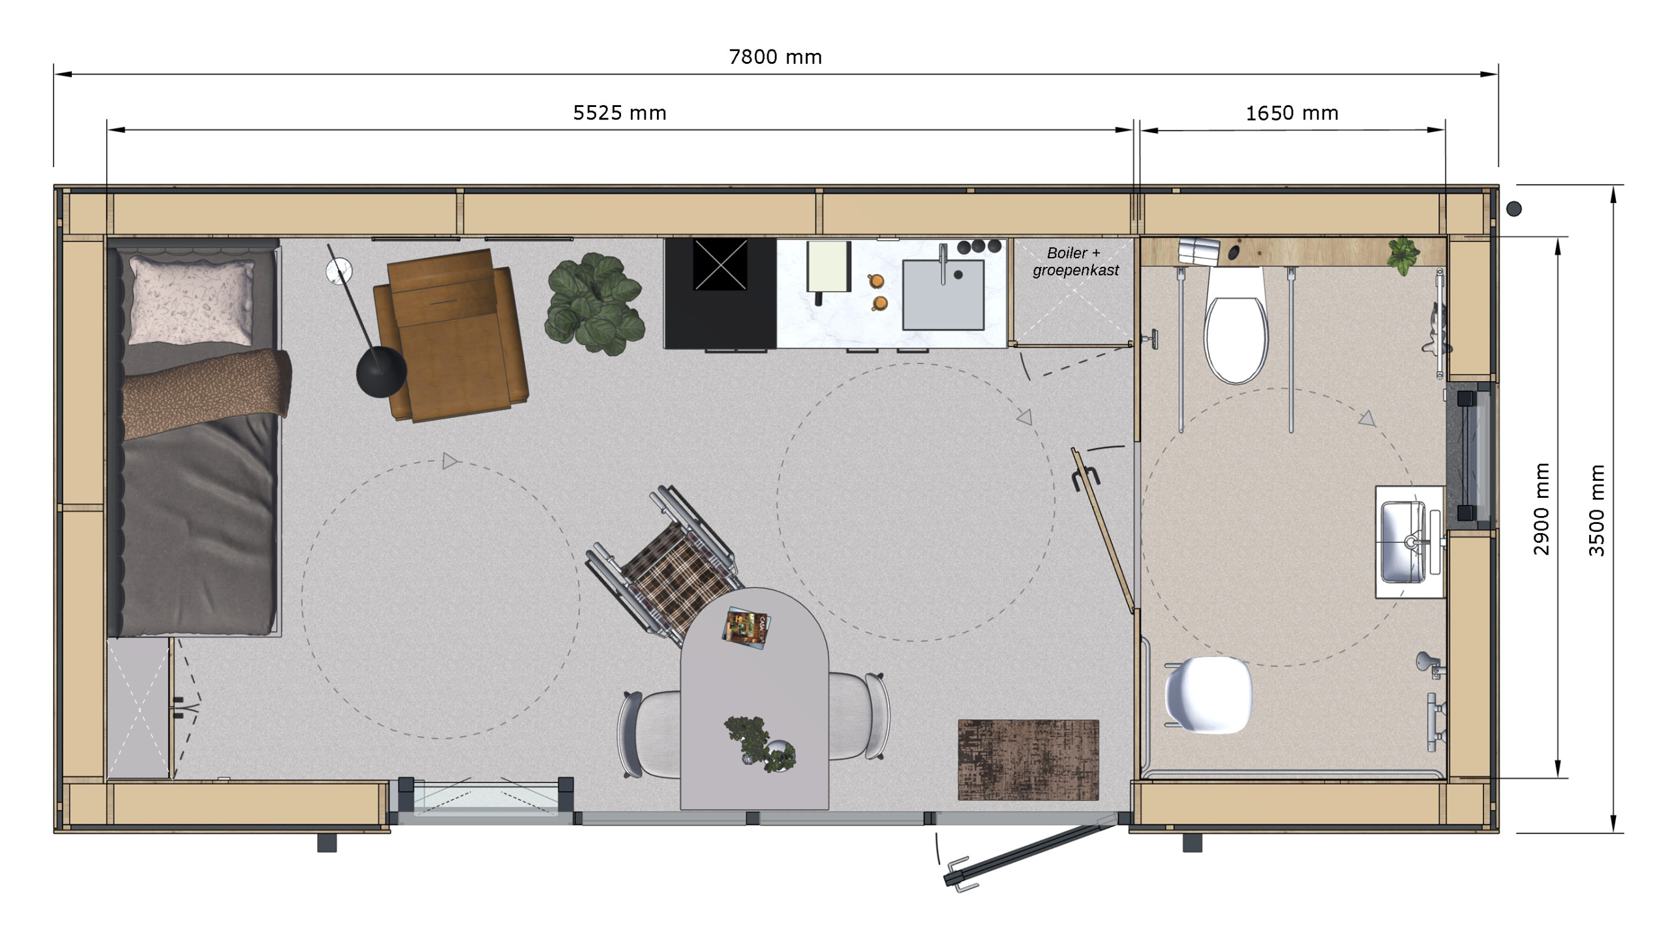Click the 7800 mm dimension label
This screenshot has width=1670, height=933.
pyautogui.click(x=775, y=57)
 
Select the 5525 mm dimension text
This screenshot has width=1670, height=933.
pyautogui.click(x=620, y=114)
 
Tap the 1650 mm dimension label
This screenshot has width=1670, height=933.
pyautogui.click(x=1292, y=114)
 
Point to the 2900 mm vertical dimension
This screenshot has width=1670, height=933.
pyautogui.click(x=1541, y=509)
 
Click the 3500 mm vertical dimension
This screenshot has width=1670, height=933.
pyautogui.click(x=1596, y=510)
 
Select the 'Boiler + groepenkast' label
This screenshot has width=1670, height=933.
pyautogui.click(x=1076, y=262)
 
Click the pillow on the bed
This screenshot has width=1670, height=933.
pyautogui.click(x=192, y=300)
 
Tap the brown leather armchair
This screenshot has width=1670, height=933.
pyautogui.click(x=450, y=335)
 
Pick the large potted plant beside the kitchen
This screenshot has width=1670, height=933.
pyautogui.click(x=595, y=304)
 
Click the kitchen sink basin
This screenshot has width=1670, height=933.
pyautogui.click(x=943, y=295)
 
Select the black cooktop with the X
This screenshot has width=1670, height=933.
pyautogui.click(x=720, y=264)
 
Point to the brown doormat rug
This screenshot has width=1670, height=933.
pyautogui.click(x=1028, y=760)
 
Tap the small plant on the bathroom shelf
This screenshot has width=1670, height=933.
pyautogui.click(x=1403, y=255)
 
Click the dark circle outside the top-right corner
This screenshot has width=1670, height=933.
pyautogui.click(x=1514, y=209)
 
